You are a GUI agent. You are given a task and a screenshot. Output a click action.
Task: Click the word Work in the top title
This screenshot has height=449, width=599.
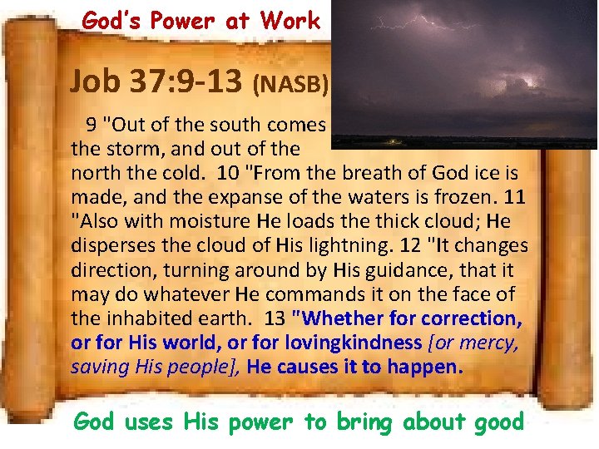[x=290, y=20]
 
